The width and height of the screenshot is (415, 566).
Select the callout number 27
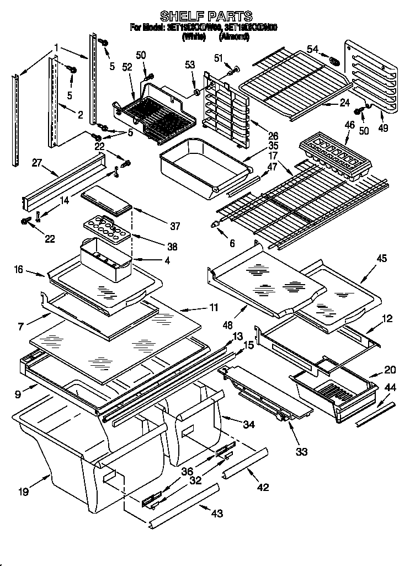pos(22,163)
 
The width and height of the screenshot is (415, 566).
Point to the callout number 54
pos(313,50)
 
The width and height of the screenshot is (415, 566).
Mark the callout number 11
pos(212,307)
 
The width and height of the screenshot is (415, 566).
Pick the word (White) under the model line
pos(194,37)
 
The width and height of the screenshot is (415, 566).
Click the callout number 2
pos(80,115)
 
